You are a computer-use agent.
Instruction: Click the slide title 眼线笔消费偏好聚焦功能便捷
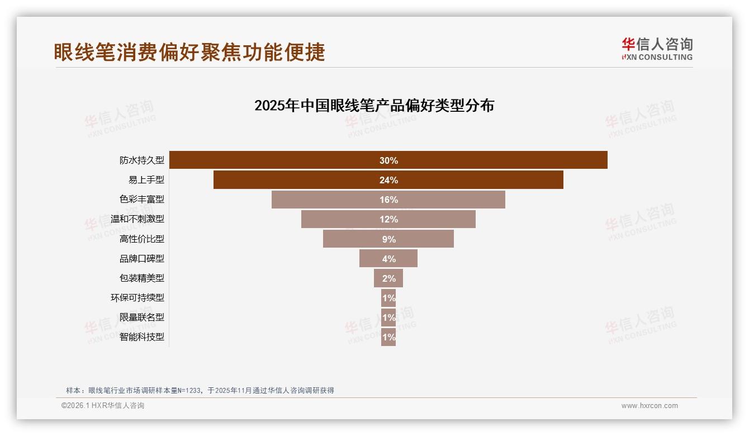[189, 53]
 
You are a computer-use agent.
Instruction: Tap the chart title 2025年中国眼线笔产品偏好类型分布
[374, 106]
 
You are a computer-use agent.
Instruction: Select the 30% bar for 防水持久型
[388, 160]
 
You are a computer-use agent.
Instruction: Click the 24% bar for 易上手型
[388, 180]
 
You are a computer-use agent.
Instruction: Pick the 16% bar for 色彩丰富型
[388, 200]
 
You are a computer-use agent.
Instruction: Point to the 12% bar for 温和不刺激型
[388, 219]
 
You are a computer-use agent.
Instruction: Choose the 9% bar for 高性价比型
[388, 239]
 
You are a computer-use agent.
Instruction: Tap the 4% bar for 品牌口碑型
[388, 258]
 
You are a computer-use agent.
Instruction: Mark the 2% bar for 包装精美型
[388, 278]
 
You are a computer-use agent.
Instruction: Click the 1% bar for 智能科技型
[388, 337]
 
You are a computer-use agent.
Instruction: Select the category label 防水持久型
[142, 160]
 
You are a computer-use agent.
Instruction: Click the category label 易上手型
[146, 180]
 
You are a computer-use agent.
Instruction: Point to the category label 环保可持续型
[138, 297]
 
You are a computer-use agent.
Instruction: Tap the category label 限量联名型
[142, 317]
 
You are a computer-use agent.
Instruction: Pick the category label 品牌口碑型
[142, 258]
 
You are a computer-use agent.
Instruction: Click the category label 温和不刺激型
[138, 219]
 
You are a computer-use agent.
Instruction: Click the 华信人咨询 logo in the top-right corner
[657, 49]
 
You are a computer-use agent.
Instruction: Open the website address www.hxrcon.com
[650, 406]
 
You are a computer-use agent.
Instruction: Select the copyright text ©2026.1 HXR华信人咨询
[103, 406]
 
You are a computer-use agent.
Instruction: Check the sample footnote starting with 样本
[200, 390]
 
